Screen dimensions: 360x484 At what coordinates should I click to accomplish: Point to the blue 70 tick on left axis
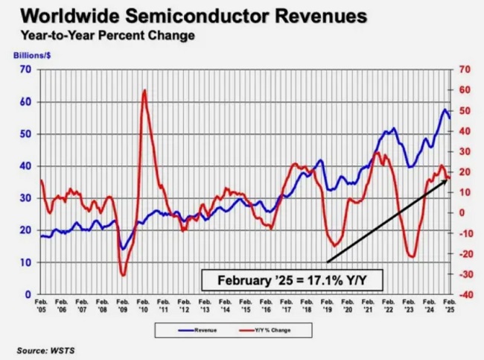[25, 69]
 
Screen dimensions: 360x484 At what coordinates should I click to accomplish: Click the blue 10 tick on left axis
[25, 262]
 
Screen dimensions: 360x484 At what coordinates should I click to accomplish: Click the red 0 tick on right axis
[465, 213]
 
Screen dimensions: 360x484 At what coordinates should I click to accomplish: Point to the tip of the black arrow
[448, 178]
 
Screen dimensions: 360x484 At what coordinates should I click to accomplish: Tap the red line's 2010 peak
[144, 90]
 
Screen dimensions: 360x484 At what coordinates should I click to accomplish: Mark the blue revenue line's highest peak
[445, 110]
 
